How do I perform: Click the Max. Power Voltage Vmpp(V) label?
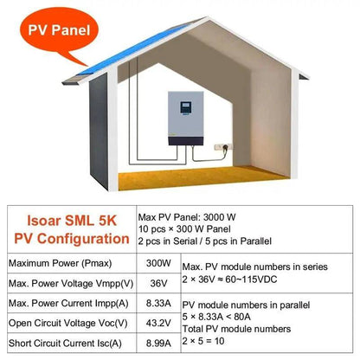(x=61, y=283)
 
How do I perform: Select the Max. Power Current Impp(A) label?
(x=61, y=304)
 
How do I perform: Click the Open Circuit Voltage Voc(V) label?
(x=61, y=325)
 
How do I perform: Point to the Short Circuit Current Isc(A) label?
(x=60, y=345)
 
